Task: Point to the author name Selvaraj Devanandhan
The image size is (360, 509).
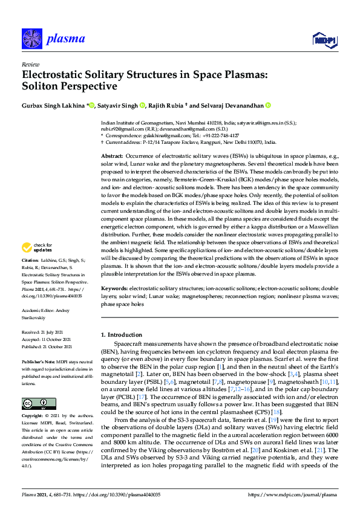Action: coord(234,106)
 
